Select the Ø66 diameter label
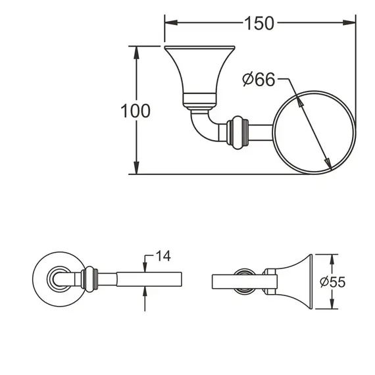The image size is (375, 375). [x=258, y=80]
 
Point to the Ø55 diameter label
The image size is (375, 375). [x=332, y=282]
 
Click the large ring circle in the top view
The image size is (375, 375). [x=312, y=135]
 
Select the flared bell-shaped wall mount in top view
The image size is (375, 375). [x=199, y=72]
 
